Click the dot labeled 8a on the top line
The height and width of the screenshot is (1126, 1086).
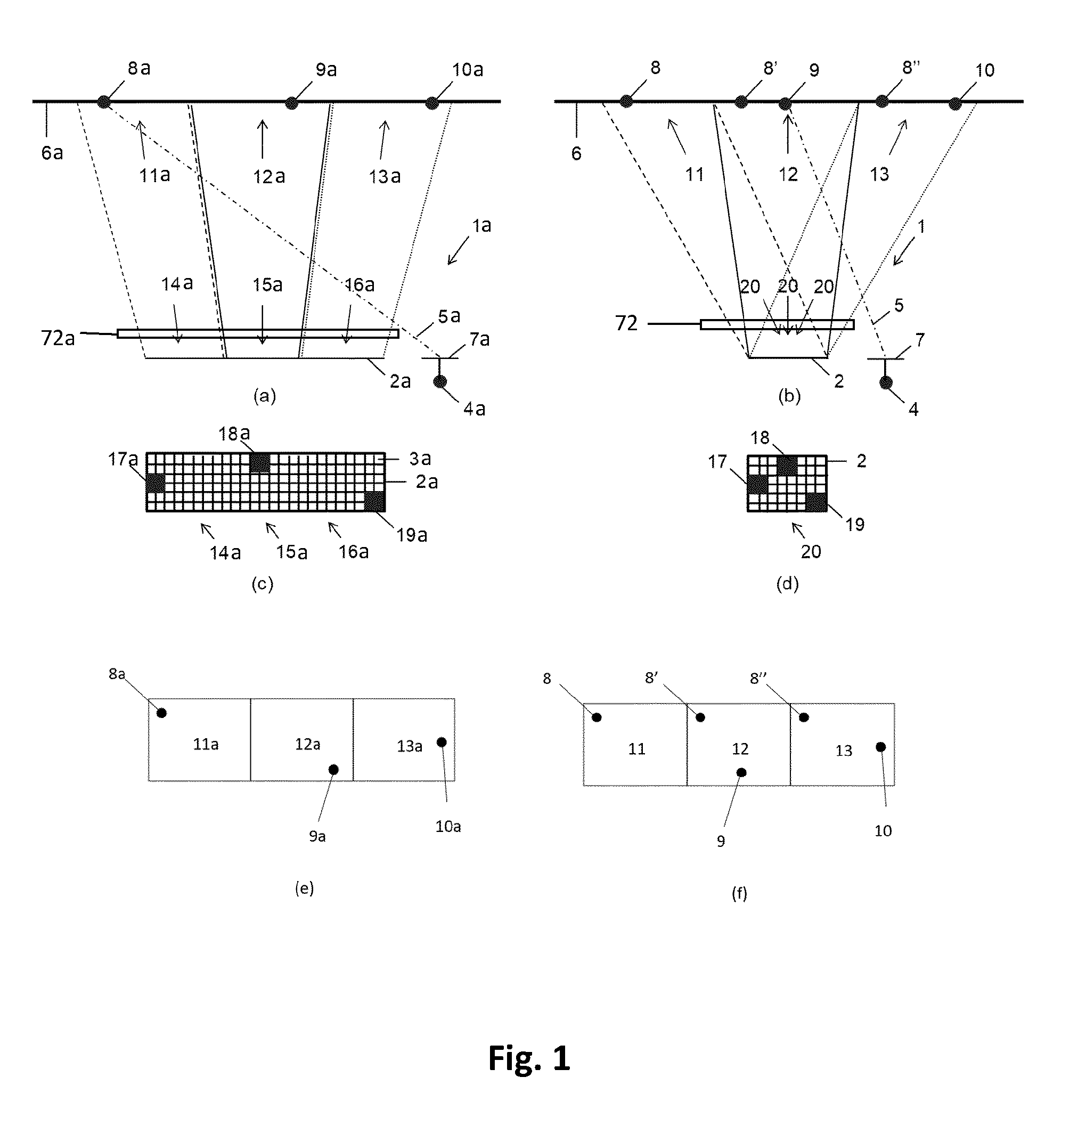coord(103,102)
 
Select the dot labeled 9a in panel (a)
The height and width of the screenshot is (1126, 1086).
coord(292,103)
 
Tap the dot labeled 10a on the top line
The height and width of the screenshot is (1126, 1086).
coord(431,103)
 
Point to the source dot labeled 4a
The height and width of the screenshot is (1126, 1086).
coord(440,381)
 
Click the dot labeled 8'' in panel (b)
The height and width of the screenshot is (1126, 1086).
coord(882,101)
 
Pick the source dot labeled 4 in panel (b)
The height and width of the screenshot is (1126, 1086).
coord(886,382)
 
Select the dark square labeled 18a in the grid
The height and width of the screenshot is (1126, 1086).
coord(260,462)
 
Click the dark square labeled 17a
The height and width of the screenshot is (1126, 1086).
coord(155,483)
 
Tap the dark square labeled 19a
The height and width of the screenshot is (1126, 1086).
coord(374,502)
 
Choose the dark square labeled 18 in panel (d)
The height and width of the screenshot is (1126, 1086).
coord(787,466)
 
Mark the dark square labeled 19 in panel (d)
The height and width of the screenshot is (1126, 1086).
coord(816,503)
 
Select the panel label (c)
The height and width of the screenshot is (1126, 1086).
coord(263,584)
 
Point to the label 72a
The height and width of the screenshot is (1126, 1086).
coord(58,338)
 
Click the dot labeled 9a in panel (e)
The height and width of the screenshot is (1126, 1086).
coord(333,770)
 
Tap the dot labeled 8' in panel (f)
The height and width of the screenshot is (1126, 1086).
coord(700,717)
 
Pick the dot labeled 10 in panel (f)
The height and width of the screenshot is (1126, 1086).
coord(880,747)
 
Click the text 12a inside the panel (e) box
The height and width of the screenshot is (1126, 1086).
coord(308,745)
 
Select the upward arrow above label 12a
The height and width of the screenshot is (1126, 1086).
coord(263,138)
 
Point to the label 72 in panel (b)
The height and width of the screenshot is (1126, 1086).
coord(626,323)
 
